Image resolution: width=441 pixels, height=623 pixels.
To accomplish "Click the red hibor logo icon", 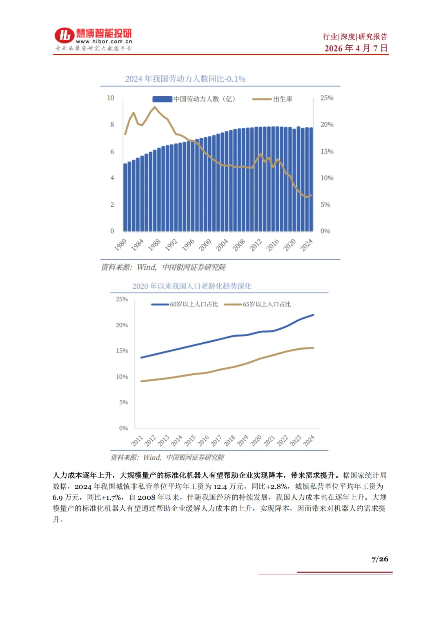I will tap(65, 35).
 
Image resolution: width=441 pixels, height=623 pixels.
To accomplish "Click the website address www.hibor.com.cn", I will tap(104, 42).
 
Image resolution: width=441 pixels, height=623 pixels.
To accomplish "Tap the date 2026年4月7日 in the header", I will tap(356, 48).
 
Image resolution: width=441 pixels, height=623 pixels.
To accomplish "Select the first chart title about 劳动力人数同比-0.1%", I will tap(185, 79).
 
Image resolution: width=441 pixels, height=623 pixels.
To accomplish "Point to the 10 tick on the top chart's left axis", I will tap(111, 98).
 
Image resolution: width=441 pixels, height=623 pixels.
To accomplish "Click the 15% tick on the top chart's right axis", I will tap(327, 151).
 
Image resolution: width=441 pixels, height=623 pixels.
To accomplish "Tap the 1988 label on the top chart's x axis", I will tap(154, 245).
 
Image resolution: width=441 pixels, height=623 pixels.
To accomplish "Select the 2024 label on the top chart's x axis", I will tap(306, 245).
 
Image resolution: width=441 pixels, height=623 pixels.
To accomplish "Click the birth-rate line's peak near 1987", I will tap(154, 107).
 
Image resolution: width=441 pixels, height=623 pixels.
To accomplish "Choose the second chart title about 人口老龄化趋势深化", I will tap(192, 286).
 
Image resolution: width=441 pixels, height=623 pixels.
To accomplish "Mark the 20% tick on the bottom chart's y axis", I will tap(122, 325).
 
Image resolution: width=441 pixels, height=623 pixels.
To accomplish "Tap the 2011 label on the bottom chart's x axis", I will tap(137, 441).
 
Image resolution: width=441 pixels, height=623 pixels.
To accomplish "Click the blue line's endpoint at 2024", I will tap(313, 315).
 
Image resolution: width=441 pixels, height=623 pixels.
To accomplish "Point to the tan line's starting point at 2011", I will tap(141, 381).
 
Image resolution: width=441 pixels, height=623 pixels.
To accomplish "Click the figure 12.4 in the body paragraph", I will tap(220, 486).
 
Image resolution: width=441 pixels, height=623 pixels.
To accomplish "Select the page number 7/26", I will tap(380, 559).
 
